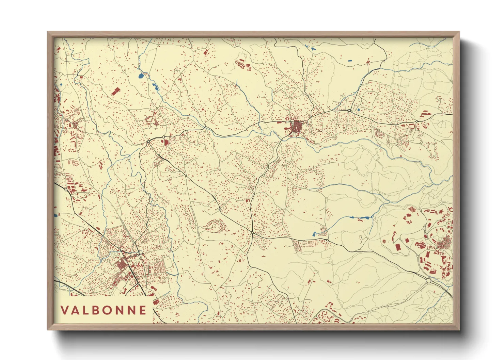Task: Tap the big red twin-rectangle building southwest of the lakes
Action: (116, 91)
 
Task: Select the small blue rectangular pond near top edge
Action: (350, 61)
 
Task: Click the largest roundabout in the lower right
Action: (428, 281)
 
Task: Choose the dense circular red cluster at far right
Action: (444, 244)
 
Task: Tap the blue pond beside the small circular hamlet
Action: (314, 234)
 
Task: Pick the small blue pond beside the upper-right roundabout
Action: (358, 110)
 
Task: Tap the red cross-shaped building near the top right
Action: (367, 62)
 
